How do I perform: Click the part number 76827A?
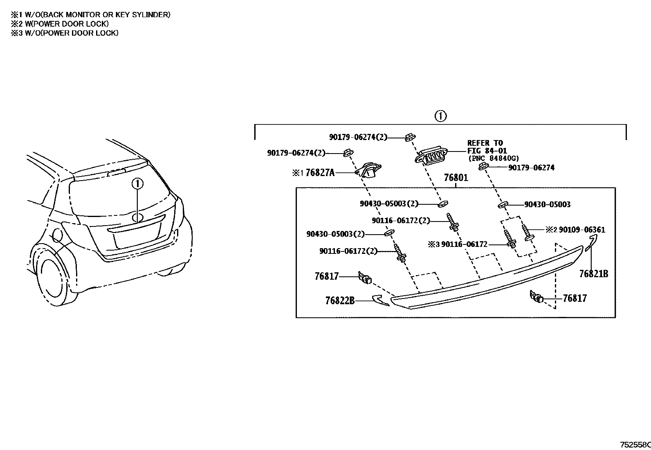(320, 173)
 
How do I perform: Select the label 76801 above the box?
(456, 178)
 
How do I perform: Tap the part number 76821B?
(593, 274)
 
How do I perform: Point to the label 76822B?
(340, 301)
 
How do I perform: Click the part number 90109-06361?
(582, 230)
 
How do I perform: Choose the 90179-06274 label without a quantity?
(531, 167)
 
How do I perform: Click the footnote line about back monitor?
(91, 15)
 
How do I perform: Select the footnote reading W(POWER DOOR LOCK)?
(60, 24)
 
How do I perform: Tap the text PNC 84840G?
(494, 158)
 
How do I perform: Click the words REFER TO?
(485, 143)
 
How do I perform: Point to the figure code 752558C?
(635, 445)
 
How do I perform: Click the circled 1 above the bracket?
(440, 116)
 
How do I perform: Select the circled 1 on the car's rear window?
(138, 184)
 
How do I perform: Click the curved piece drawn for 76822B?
(380, 300)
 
